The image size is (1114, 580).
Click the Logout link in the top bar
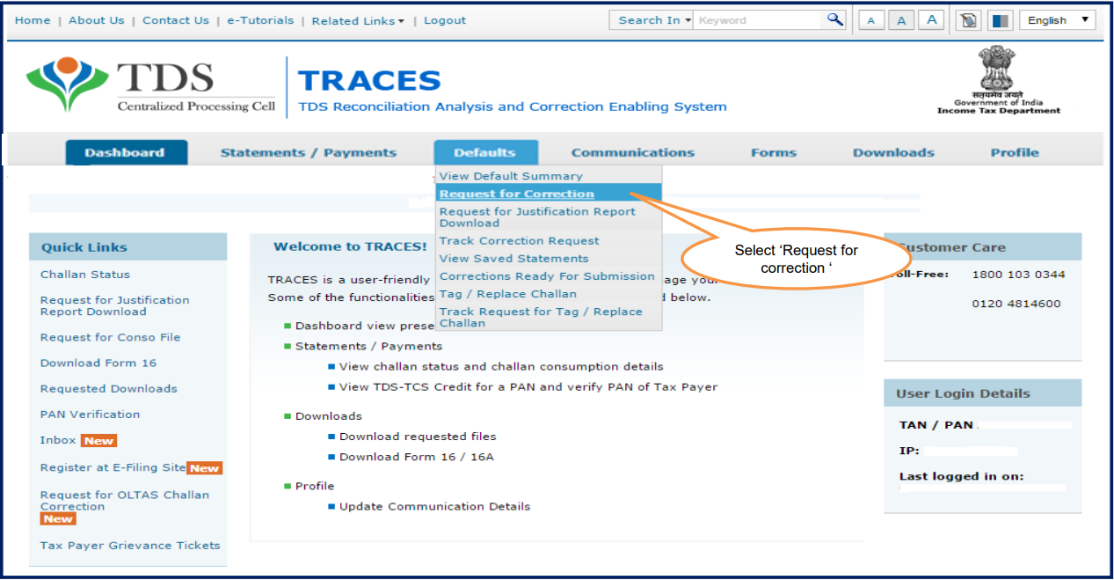coord(445,20)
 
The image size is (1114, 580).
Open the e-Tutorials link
coord(260,20)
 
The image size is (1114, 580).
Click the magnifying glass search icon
coord(834,20)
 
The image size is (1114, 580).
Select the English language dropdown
coord(1058,20)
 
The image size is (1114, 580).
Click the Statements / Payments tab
coord(309,153)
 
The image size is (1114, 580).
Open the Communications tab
coord(632,153)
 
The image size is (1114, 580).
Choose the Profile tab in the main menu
coord(1015,153)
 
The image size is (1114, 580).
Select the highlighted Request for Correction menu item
coord(517,194)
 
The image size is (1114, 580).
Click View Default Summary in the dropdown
coord(511,176)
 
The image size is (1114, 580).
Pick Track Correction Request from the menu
coord(520,241)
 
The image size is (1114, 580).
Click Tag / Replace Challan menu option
coord(508,294)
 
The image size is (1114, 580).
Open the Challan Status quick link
coord(85,275)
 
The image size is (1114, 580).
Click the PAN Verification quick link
coord(90,415)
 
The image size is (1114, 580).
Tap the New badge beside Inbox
coord(99,441)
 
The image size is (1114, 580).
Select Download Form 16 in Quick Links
coord(98,363)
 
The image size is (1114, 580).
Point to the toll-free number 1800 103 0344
coord(1018,275)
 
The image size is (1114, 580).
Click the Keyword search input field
coord(757,20)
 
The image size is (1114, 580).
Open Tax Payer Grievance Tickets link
coord(130,546)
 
